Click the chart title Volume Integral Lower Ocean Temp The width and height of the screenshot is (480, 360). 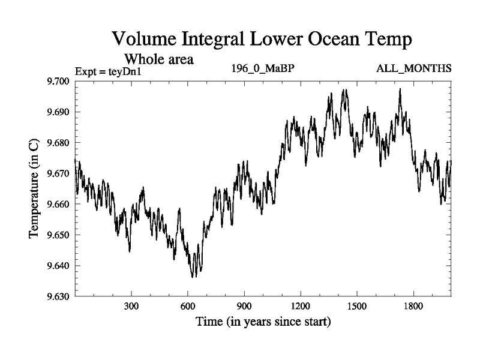click(x=263, y=40)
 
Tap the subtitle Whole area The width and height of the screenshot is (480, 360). click(x=158, y=59)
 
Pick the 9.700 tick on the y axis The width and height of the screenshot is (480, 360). click(x=58, y=82)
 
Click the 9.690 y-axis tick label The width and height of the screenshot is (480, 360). click(x=58, y=112)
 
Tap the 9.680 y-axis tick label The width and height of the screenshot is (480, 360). click(x=58, y=143)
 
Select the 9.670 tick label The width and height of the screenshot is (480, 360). click(x=58, y=173)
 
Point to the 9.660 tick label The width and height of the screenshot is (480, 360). click(x=58, y=204)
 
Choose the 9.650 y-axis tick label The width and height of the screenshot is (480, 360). click(x=58, y=235)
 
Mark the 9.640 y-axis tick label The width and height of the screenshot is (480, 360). click(x=58, y=265)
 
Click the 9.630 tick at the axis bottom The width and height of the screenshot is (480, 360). click(x=58, y=296)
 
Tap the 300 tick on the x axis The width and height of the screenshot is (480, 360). click(x=131, y=306)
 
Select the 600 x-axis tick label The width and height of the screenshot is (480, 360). click(x=188, y=306)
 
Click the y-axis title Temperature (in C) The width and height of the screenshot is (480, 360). click(x=34, y=188)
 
